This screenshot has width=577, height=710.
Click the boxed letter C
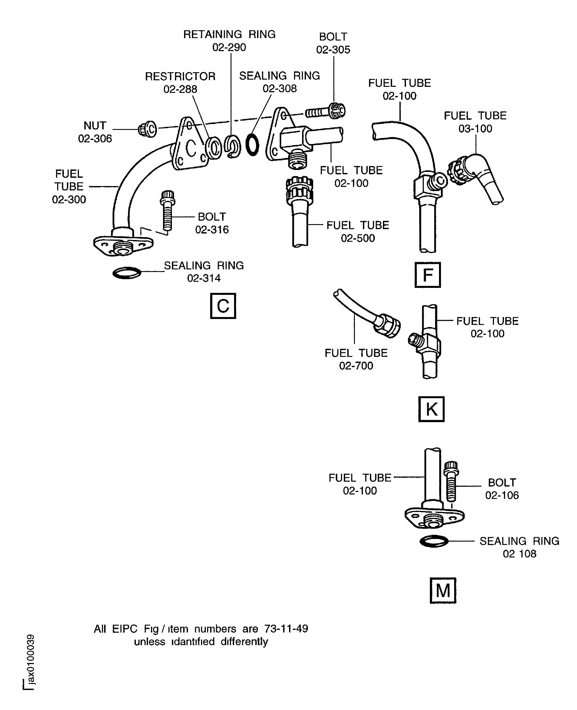[x=223, y=306]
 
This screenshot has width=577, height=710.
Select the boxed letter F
[x=427, y=275]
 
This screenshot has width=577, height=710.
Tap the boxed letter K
[x=431, y=409]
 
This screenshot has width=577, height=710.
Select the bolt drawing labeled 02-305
[x=326, y=112]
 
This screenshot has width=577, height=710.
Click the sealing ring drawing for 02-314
[x=127, y=273]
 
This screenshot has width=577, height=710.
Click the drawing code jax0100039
[x=31, y=659]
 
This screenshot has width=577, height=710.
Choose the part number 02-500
[x=358, y=238]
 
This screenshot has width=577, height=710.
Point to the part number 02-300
[x=69, y=200]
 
